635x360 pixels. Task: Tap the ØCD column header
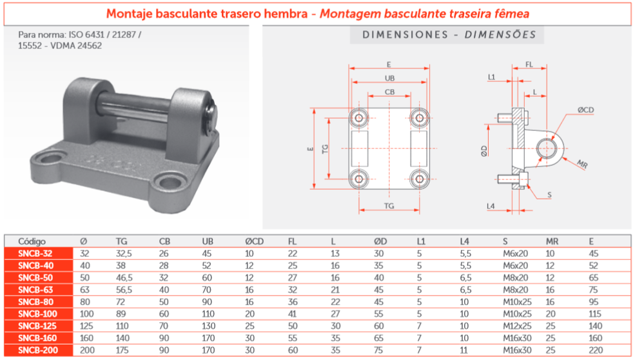pyautogui.click(x=255, y=241)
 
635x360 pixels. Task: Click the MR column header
pyautogui.click(x=552, y=241)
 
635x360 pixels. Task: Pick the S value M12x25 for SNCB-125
pyautogui.click(x=516, y=326)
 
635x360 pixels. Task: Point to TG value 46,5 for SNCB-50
pyautogui.click(x=124, y=277)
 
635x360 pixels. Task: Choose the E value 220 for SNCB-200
pyautogui.click(x=596, y=350)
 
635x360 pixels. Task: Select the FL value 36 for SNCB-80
pyautogui.click(x=293, y=301)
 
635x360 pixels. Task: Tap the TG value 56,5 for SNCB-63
pyautogui.click(x=124, y=290)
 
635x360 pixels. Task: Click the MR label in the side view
pyautogui.click(x=582, y=163)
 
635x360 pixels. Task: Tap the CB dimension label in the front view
pyautogui.click(x=389, y=92)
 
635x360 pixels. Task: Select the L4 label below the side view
pyautogui.click(x=491, y=206)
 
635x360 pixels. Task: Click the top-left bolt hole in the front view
pyautogui.click(x=358, y=117)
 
